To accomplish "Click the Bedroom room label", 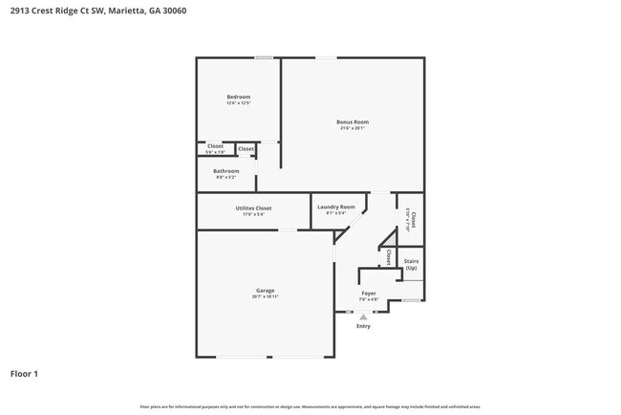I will coord(238,97).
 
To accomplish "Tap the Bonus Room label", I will coord(352,121).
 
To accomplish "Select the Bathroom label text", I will coord(225,171).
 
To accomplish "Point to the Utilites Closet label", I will coord(253,207).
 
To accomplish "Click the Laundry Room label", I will coord(335,207).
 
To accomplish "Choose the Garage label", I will coord(265,290).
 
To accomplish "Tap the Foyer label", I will coord(368,293).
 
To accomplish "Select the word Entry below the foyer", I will coord(363,326).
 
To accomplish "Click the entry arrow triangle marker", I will coord(363,317).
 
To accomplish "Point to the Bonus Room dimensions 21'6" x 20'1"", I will coord(352,128).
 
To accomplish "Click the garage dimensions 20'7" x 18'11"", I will coord(265,296).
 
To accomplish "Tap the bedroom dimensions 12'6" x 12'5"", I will coord(238,103).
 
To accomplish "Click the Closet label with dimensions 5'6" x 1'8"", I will coord(215,148).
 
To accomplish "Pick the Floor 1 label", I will coord(25,373).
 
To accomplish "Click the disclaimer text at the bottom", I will coord(310,406).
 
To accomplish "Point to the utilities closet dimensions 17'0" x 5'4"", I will coord(253,214).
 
